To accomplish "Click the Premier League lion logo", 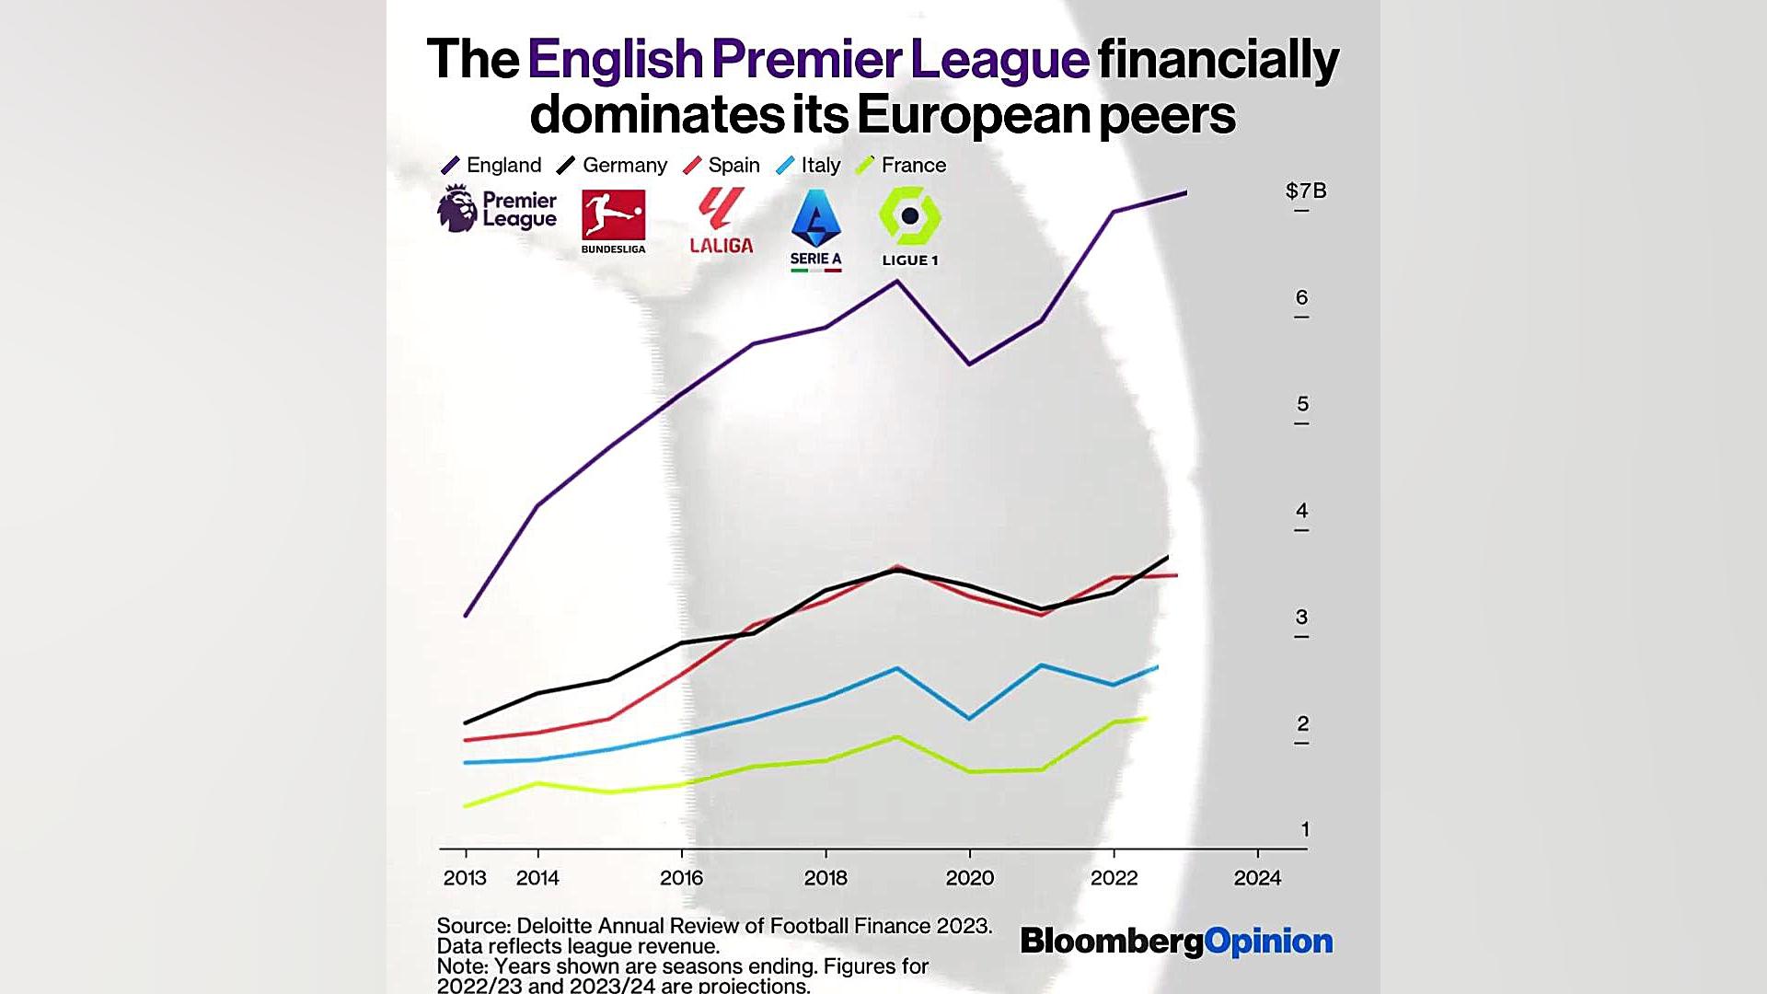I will pos(456,209).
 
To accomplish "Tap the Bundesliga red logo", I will pos(613,214).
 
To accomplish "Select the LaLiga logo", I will pos(722,221).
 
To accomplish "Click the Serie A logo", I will pos(816,229).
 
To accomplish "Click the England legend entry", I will pos(491,166).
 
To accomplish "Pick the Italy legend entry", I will pos(809,166).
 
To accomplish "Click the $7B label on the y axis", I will pos(1305,191).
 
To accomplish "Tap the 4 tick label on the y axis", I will pos(1301,511).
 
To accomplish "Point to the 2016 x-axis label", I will pos(681,878).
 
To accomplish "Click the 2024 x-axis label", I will pos(1257,878).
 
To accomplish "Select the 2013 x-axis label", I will pos(465,878).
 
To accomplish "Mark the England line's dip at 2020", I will pos(970,364).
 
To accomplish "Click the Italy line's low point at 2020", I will pos(970,718).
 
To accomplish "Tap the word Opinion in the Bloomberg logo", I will pos(1268,942).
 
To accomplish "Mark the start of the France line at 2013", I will pos(466,806).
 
